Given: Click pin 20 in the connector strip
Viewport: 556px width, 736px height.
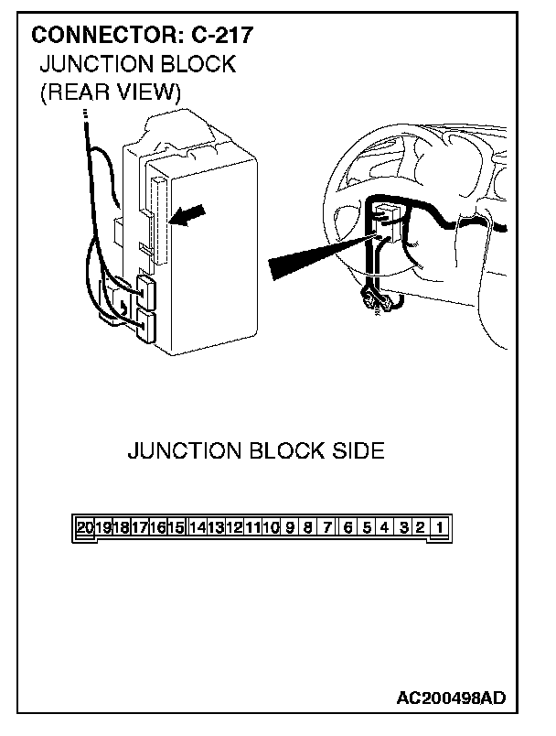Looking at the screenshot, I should pyautogui.click(x=85, y=527).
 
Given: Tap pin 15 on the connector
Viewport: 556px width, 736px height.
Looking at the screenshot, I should pyautogui.click(x=176, y=527).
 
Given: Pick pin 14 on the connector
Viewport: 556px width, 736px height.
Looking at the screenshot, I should pyautogui.click(x=197, y=527).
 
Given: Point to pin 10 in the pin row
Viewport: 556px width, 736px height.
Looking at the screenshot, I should pyautogui.click(x=270, y=527).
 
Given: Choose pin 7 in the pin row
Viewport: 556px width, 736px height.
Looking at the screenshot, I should pyautogui.click(x=327, y=527).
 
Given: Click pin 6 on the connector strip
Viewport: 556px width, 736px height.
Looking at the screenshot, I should pyautogui.click(x=347, y=527).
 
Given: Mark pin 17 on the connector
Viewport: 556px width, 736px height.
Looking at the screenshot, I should pyautogui.click(x=140, y=527).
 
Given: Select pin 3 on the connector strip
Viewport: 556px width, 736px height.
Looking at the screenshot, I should pyautogui.click(x=403, y=527).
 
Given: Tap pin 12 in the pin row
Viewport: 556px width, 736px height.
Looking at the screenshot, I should pyautogui.click(x=233, y=527).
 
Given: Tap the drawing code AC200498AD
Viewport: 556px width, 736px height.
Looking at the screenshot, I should pyautogui.click(x=450, y=698).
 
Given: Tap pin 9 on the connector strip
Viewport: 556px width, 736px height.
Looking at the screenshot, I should pyautogui.click(x=290, y=527).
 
